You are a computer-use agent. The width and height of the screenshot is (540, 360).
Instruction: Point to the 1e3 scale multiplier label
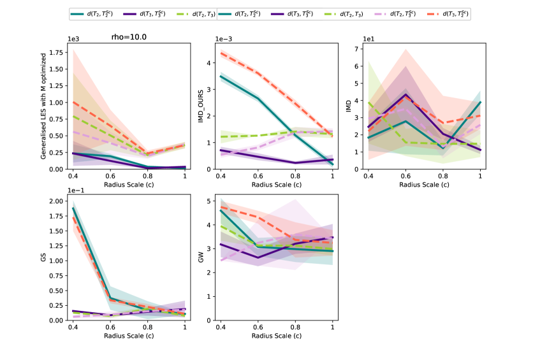point(76,40)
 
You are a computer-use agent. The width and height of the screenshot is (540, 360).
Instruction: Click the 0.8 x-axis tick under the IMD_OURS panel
point(295,174)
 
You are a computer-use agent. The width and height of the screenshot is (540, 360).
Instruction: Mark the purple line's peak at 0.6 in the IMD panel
point(406,94)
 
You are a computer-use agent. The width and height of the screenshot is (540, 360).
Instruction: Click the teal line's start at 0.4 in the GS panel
point(73,208)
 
